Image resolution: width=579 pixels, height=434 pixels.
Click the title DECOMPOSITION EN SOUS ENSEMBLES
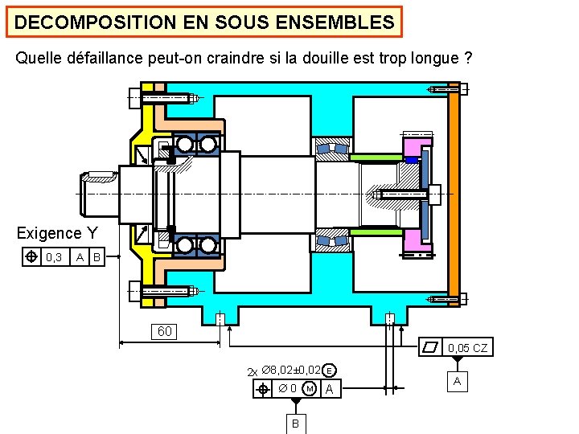coord(204,23)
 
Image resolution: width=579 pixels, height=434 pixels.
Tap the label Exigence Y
coord(57,234)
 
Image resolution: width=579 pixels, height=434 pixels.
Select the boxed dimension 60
coord(164,331)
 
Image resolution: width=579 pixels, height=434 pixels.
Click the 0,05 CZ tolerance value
coord(467,348)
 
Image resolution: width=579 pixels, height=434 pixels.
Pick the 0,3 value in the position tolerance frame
coord(54,257)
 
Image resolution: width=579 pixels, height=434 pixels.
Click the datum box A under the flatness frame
coord(457,381)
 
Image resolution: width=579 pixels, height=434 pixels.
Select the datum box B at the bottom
coord(295,423)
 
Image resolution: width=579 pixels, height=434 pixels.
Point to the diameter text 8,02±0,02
coord(293,371)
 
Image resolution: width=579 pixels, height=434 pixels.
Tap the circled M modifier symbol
coord(310,390)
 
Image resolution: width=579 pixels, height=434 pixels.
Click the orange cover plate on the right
coord(454,193)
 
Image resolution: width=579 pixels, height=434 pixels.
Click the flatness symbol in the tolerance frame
coord(432,348)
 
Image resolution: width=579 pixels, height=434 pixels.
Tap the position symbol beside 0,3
coord(30,257)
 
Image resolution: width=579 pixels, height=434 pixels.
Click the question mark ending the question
coord(467,59)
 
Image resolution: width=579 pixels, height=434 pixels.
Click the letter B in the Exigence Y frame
coord(96,257)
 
